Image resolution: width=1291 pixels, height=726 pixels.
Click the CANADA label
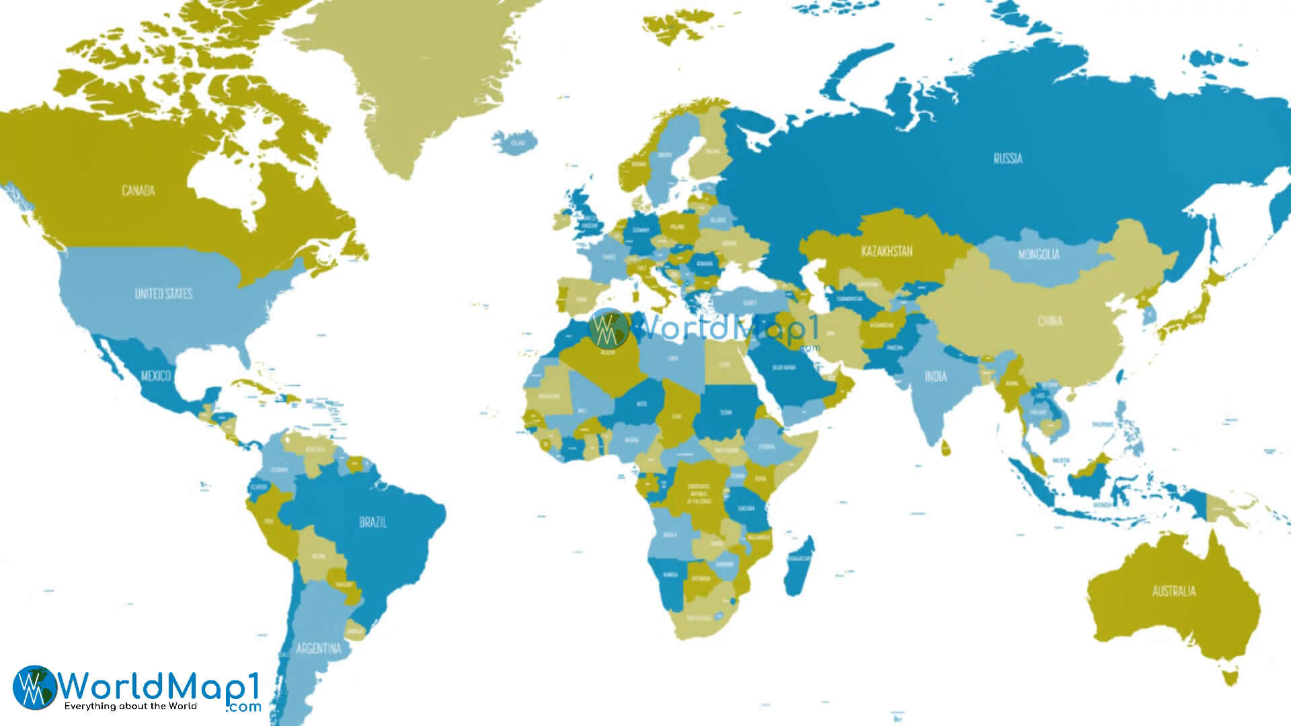coord(139,191)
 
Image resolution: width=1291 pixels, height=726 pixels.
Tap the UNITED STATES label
coord(163,294)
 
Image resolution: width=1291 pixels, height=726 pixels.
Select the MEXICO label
coord(155,375)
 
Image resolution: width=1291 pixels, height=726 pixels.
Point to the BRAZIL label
coord(373,522)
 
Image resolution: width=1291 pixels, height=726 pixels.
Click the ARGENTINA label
coord(319,649)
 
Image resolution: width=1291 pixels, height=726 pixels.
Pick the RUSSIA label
coord(1007,159)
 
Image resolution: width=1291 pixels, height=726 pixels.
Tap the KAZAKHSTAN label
coord(887,251)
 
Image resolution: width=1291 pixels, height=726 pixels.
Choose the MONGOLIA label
coord(1038,255)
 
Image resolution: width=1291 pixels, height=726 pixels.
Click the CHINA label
coord(1050,321)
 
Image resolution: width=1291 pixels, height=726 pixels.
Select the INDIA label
coord(935,376)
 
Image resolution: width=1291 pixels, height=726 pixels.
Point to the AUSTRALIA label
coord(1174,592)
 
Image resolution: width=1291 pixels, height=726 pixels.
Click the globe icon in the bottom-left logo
coord(34,687)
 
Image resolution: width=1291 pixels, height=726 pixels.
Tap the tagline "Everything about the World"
coord(130,707)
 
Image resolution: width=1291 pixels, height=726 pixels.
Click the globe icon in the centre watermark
coord(608,329)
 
